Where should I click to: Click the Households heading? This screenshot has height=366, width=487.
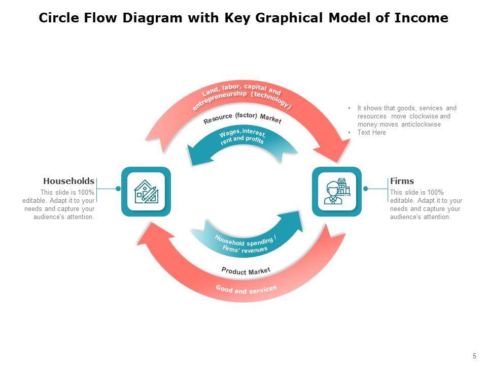[x=68, y=181]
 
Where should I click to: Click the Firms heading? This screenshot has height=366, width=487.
[x=402, y=181]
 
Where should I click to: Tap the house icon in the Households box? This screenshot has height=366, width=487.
[x=146, y=192]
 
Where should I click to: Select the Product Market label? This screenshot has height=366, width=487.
[x=246, y=271]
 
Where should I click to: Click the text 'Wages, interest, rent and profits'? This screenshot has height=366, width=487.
[x=242, y=137]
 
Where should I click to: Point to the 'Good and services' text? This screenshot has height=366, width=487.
[x=246, y=290]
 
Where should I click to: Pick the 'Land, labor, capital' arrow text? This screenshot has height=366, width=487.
[x=241, y=97]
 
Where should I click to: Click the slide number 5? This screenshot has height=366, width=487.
[x=474, y=356]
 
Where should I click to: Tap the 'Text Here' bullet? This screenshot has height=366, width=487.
[x=371, y=133]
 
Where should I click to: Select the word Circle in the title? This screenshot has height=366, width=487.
[x=58, y=18]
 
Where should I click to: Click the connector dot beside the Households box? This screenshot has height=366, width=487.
[x=118, y=189]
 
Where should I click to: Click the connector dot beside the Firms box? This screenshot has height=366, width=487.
[x=365, y=189]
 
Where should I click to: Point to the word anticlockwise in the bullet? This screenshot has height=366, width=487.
[x=421, y=125]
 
